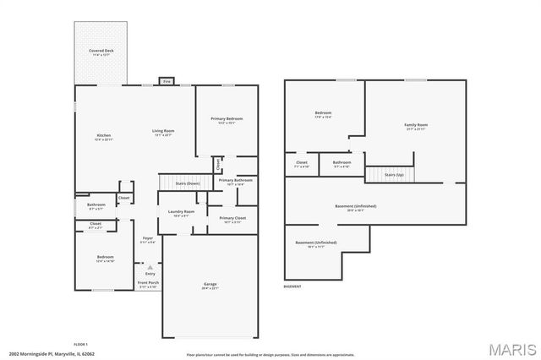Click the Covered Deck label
pyautogui.click(x=102, y=51)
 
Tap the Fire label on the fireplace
pyautogui.click(x=167, y=82)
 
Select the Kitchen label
pyautogui.click(x=103, y=135)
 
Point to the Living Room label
pyautogui.click(x=163, y=131)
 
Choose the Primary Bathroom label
pyautogui.click(x=235, y=180)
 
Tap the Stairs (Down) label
pyautogui.click(x=187, y=183)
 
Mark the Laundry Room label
pyautogui.click(x=182, y=211)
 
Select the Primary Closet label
pyautogui.click(x=232, y=218)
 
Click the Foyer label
pyautogui.click(x=147, y=239)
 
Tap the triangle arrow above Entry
pyautogui.click(x=150, y=266)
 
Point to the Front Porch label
pyautogui.click(x=149, y=284)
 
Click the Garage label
pyautogui.click(x=210, y=283)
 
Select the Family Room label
pyautogui.click(x=416, y=124)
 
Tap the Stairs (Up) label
pyautogui.click(x=394, y=174)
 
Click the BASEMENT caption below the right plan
pyautogui.click(x=292, y=286)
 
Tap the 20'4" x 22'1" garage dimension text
pyautogui.click(x=210, y=288)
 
